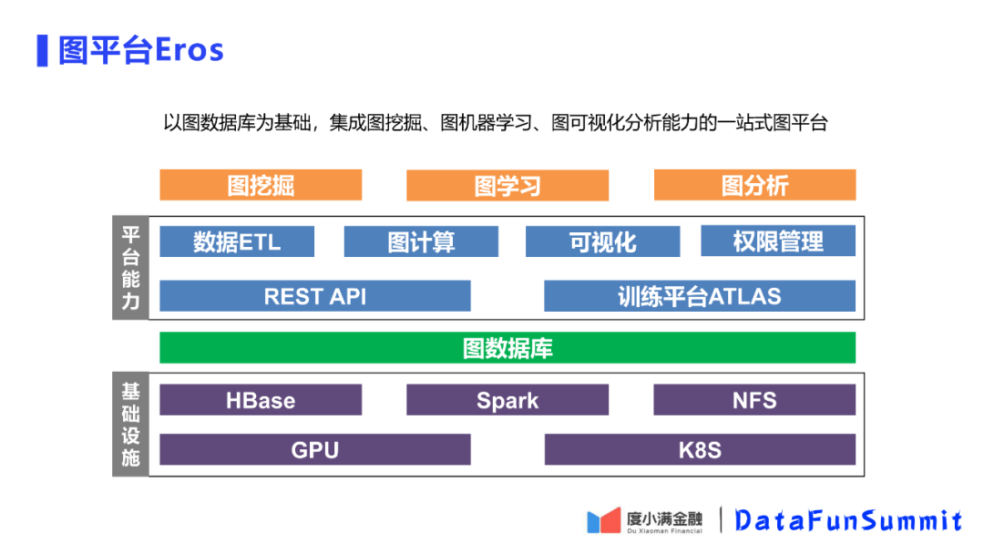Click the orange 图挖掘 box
(x=261, y=185)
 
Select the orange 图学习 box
(x=507, y=186)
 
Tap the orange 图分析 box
(x=754, y=185)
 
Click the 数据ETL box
(x=237, y=241)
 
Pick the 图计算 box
(x=421, y=241)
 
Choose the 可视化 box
(x=602, y=241)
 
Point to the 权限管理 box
(x=778, y=241)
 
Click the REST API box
(x=315, y=296)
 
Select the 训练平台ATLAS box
(x=700, y=296)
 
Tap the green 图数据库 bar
(x=507, y=348)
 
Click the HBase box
(x=261, y=400)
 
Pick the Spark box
(x=507, y=400)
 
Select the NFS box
(x=754, y=400)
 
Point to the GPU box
(x=315, y=449)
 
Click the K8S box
(x=700, y=449)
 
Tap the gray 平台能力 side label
(x=130, y=268)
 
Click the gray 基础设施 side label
(x=130, y=424)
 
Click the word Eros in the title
(x=190, y=49)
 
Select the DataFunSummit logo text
(x=848, y=520)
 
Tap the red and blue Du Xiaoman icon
(x=603, y=520)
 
